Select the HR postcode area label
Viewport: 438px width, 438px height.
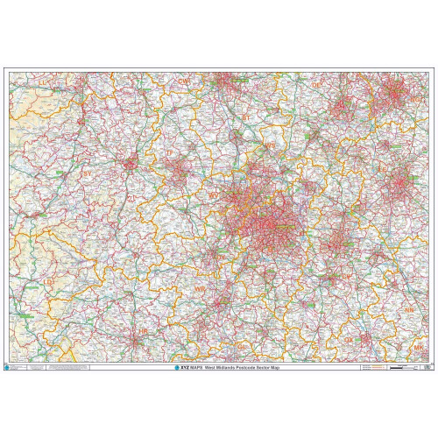(143, 331)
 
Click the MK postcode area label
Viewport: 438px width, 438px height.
(418, 348)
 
